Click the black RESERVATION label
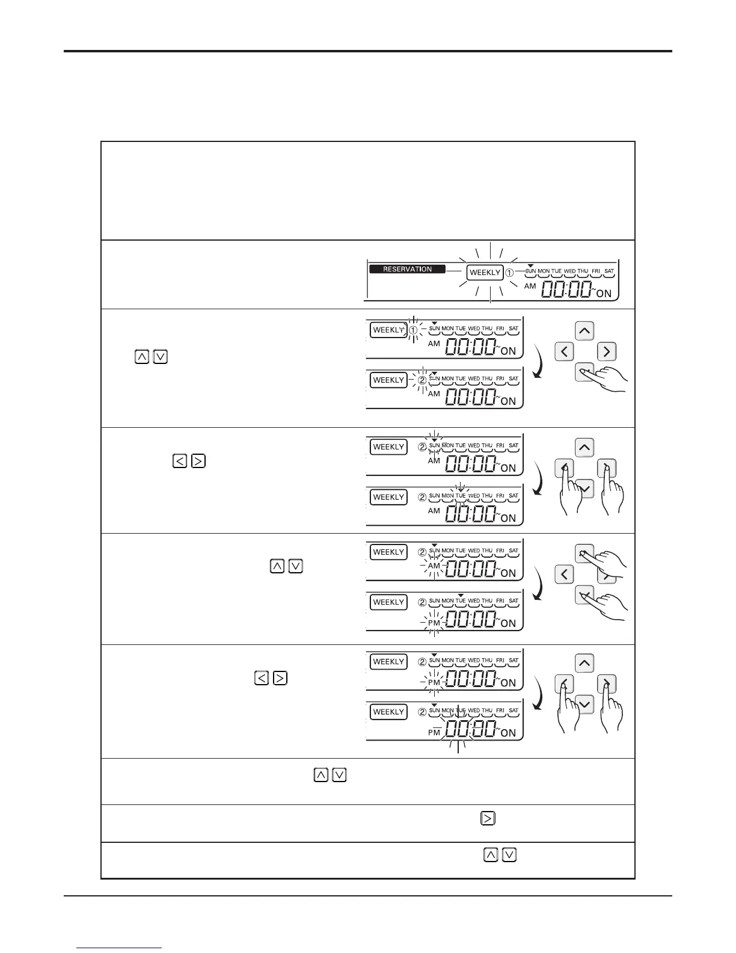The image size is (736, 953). coord(408,269)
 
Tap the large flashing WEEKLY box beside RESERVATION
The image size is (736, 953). coord(485,273)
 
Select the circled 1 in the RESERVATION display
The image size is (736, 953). coord(509,273)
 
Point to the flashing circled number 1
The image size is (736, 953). coord(413,330)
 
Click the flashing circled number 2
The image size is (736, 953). coord(422,380)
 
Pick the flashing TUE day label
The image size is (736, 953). coord(461,496)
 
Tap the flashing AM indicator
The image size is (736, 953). coord(434,566)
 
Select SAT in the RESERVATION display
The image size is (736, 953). coord(609,271)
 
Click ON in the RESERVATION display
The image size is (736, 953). coord(604,294)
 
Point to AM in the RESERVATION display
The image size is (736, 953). coord(530,286)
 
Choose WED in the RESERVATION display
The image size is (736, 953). coord(569,271)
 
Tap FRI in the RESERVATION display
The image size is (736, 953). coord(596,271)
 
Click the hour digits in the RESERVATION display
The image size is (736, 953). coord(554,291)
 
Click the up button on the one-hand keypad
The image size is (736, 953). coord(585,331)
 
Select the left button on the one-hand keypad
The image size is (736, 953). coord(564,351)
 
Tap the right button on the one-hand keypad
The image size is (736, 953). coord(606,351)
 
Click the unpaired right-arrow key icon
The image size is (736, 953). coord(487,818)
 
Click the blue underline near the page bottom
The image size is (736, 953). coord(120,948)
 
